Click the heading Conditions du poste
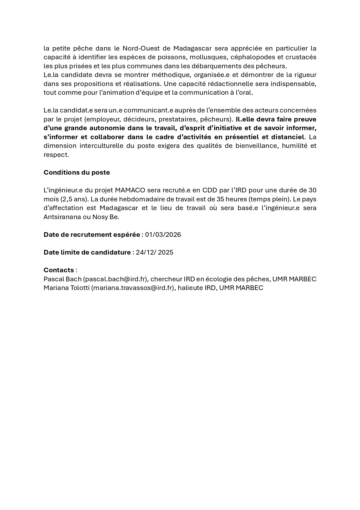coord(77,172)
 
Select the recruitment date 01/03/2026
coord(163,235)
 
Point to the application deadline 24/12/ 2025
coord(154,252)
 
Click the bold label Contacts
coord(59,270)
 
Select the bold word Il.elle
coord(245,119)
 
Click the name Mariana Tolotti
coord(66,288)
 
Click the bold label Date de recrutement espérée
coord(92,235)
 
